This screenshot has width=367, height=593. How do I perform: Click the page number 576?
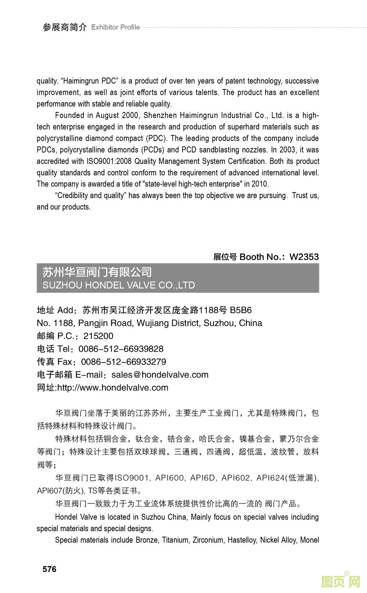(49, 569)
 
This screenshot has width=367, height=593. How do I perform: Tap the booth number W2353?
(304, 257)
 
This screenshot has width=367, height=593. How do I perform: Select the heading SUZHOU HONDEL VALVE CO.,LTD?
(119, 285)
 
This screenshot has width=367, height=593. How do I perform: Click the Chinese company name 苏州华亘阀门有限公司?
(97, 272)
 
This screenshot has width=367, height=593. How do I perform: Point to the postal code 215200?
(98, 336)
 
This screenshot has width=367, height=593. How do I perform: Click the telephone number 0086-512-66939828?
(121, 349)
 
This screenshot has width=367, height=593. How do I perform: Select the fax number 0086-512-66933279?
(124, 362)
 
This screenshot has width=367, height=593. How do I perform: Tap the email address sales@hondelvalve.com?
(160, 375)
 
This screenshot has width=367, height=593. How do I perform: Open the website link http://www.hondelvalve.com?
(113, 388)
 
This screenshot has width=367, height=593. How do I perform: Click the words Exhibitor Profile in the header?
(115, 27)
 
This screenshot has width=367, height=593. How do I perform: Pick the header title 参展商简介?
(65, 27)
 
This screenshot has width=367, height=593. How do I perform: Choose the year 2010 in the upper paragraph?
(260, 184)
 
